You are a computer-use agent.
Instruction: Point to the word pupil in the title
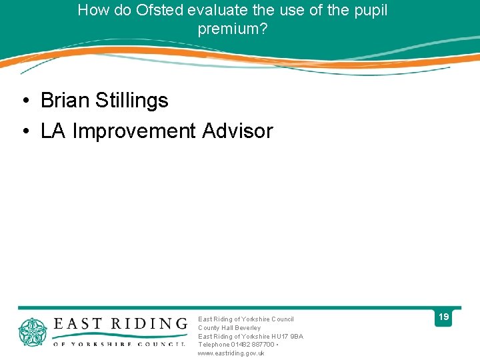click(371, 11)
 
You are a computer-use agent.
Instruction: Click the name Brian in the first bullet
click(65, 101)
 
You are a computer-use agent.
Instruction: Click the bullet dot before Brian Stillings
click(25, 101)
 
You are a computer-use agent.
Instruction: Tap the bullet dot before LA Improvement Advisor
click(25, 131)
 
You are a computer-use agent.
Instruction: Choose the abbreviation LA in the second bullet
click(53, 131)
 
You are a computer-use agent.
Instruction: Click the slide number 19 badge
click(443, 318)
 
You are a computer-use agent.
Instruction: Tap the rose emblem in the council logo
click(32, 332)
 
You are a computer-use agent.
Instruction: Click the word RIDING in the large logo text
click(147, 324)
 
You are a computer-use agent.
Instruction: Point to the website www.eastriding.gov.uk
click(231, 353)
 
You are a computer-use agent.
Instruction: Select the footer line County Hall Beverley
click(229, 327)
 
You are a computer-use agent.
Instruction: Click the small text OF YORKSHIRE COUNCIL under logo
click(119, 344)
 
